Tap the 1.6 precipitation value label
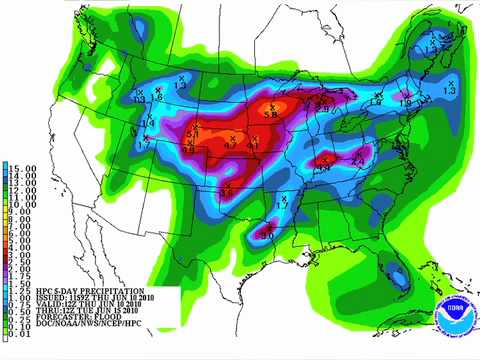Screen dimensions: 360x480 pyautogui.click(x=157, y=96)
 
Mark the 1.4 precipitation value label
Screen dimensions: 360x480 pyautogui.click(x=148, y=122)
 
